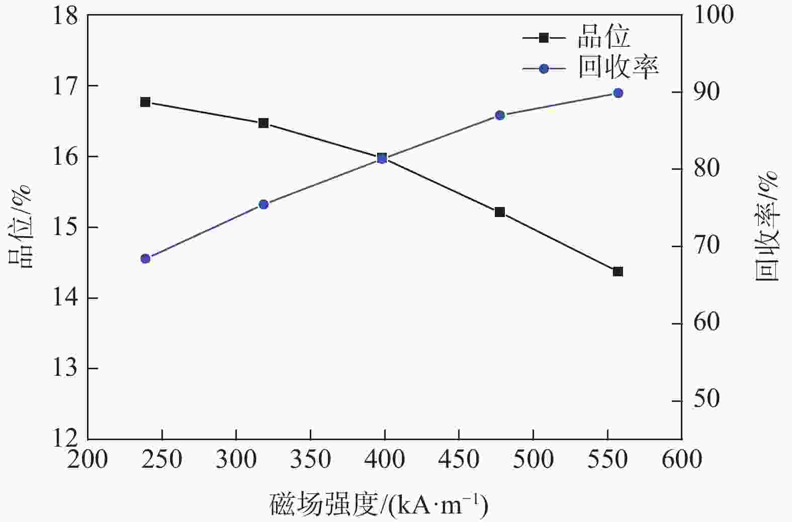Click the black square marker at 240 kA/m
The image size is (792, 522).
tap(145, 102)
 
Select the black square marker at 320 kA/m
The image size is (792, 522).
tap(263, 123)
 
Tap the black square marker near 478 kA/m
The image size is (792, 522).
tap(500, 212)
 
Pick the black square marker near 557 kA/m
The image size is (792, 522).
tap(618, 271)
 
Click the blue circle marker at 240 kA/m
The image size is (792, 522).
tap(145, 259)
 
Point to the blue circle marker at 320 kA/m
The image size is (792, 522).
tap(263, 204)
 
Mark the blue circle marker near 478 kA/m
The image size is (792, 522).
tap(500, 115)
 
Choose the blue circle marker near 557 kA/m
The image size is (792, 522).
tap(618, 93)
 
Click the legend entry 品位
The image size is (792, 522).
tap(603, 37)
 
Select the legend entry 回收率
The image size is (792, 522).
tap(618, 68)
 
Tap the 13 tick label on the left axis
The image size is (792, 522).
tap(66, 368)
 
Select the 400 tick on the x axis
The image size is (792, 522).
tap(385, 460)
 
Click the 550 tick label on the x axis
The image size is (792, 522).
tap(607, 460)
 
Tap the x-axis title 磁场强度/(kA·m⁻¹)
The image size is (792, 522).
tap(379, 505)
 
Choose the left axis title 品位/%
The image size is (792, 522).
tap(20, 226)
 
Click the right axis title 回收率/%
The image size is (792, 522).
tap(767, 226)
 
